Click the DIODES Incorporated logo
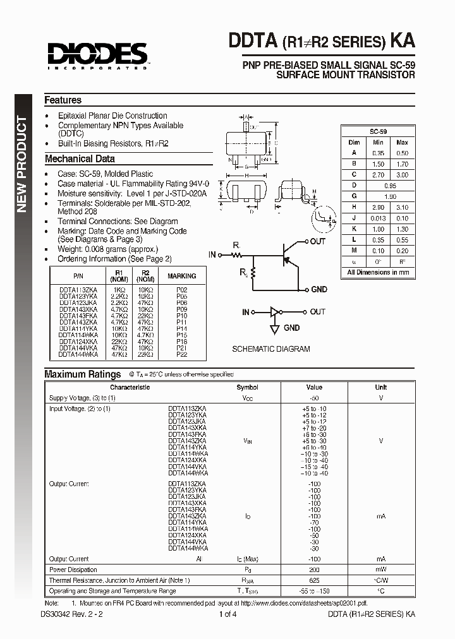pos(95,54)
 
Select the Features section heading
pos(63,100)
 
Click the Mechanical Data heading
pos(80,159)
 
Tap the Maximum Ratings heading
pos(82,374)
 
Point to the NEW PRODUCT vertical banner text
pos(21,164)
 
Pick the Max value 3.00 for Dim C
pos(402,174)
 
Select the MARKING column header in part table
pos(181,276)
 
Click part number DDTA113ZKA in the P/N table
pos(78,290)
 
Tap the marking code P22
pos(181,355)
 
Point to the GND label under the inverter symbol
pos(291,328)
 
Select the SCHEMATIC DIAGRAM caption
pos(271,349)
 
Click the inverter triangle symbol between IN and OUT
pos(274,312)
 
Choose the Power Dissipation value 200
pos(314,570)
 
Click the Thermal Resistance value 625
pos(314,580)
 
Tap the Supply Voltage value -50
pos(314,398)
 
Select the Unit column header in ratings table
pos(381,388)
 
